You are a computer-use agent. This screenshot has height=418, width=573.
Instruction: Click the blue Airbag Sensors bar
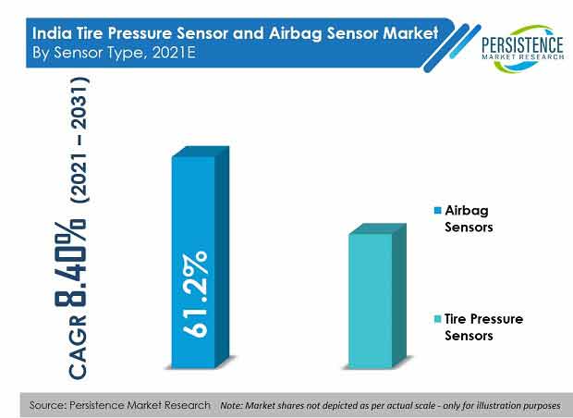point(201,257)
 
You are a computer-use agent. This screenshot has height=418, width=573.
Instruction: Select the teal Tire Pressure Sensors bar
point(377,296)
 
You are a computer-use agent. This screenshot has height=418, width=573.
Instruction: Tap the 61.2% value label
point(195,294)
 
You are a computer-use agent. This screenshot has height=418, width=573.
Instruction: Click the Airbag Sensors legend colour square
point(437,211)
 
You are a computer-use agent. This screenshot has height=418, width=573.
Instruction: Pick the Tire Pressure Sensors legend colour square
point(437,319)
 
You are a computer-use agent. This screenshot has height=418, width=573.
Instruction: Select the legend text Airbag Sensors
point(469,218)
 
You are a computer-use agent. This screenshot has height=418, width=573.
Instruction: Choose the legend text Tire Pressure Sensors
point(484,327)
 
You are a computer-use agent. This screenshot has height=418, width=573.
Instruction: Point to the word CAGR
point(78,347)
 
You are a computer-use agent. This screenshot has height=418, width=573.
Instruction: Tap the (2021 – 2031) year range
point(79,140)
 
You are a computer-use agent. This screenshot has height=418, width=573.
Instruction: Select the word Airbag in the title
point(296,34)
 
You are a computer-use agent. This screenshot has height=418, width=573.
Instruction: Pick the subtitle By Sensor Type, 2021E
point(114,54)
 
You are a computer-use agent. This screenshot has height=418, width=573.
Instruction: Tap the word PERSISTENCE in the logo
point(522,45)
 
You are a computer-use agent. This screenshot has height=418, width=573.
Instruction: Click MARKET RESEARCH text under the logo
point(522,56)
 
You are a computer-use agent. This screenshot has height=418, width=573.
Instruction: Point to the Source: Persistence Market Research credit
point(120,405)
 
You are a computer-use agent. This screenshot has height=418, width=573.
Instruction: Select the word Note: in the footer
point(232,406)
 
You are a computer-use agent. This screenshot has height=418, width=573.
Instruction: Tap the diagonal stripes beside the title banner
point(453,47)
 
